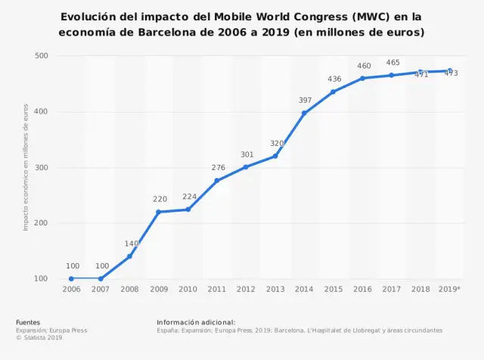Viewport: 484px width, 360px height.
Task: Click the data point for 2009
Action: [159, 212]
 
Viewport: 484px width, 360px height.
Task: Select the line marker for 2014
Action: [304, 113]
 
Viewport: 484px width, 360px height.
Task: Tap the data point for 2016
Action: [362, 78]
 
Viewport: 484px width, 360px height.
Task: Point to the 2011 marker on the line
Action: [217, 181]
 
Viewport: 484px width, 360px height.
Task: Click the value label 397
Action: [305, 100]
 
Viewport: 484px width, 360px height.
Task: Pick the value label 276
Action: [218, 167]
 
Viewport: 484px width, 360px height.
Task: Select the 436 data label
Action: [334, 79]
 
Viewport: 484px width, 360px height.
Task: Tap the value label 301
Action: [247, 154]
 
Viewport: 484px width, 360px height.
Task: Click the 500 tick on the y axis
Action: [42, 56]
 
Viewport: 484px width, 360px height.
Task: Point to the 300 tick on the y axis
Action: [42, 168]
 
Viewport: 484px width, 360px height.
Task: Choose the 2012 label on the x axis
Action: [246, 289]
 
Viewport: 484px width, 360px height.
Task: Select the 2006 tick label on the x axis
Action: [71, 289]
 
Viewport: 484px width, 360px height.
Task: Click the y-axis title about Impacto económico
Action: [26, 167]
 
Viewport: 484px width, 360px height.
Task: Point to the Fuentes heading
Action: [28, 322]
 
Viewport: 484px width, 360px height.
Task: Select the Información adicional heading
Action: [196, 322]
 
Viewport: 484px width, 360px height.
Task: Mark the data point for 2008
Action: [129, 256]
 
